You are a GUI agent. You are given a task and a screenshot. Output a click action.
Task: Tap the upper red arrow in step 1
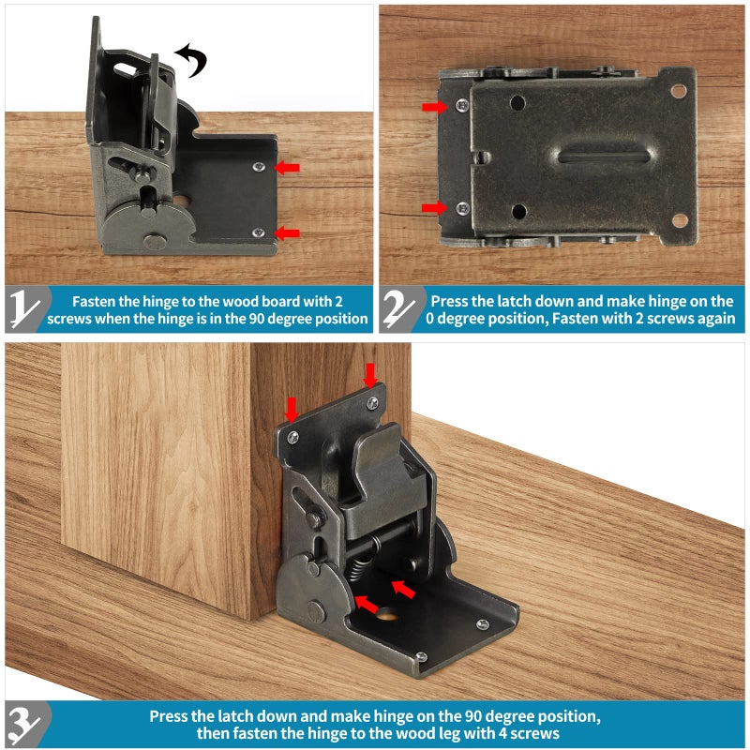coord(288,168)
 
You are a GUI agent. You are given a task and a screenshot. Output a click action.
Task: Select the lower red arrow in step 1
coord(288,232)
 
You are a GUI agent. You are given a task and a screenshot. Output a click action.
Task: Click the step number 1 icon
coord(28,309)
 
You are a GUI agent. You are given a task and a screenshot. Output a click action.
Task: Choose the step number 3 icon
coord(28,725)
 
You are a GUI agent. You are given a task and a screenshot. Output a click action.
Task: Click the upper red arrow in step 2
coord(434,107)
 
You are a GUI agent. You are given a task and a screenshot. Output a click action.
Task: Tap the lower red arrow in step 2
coord(434,207)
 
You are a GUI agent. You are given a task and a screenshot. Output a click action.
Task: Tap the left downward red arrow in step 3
coord(292,409)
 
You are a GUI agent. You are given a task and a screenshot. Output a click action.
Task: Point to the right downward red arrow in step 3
coord(370,375)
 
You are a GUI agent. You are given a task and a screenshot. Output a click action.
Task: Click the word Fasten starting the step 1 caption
coord(95,301)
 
